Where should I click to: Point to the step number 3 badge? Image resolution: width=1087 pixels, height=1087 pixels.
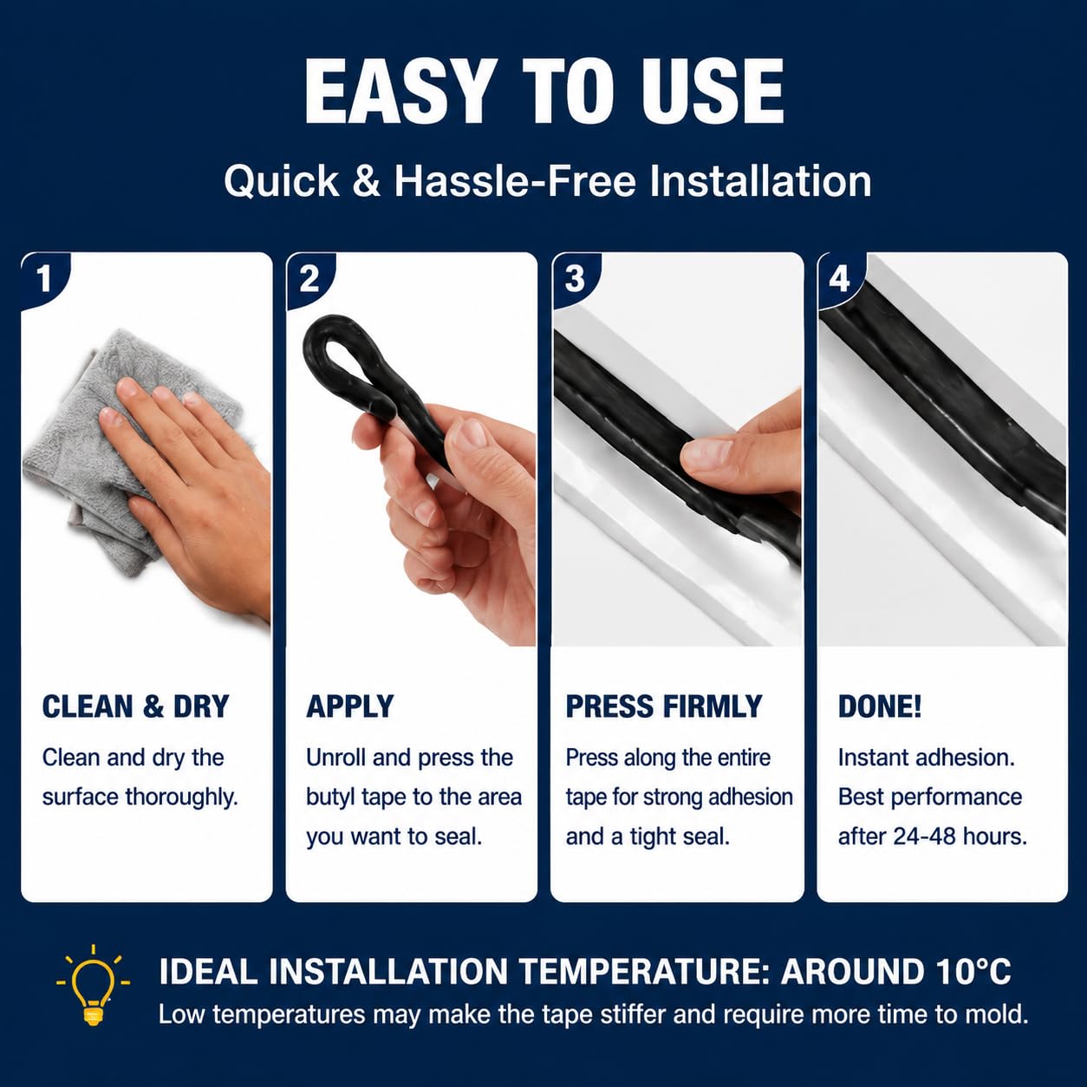(574, 279)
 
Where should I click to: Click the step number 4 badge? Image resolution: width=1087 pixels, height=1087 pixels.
(839, 279)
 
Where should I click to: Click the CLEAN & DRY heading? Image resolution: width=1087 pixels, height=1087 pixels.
(135, 706)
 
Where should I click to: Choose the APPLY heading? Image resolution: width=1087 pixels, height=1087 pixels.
(349, 706)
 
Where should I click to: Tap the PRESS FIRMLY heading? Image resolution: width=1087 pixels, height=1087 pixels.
(664, 706)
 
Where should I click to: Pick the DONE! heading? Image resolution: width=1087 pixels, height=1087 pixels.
(880, 706)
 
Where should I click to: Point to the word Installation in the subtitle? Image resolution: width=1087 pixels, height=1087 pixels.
(760, 182)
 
